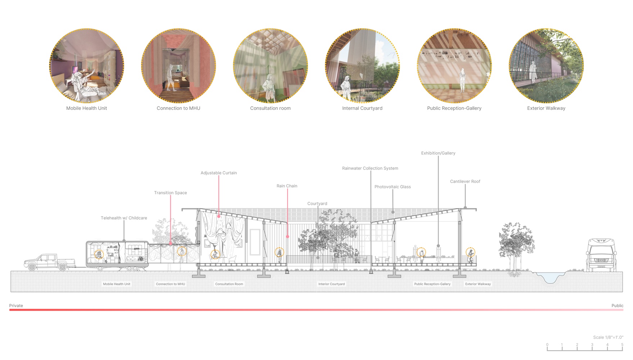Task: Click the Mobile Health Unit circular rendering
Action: coord(87,66)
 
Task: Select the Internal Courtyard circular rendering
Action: coord(362,66)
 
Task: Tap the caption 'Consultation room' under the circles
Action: coord(270,108)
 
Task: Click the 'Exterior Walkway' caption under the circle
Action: coord(546,108)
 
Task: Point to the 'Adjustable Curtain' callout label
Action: coord(219,173)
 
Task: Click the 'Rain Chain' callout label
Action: coord(287,186)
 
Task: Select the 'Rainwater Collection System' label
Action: coord(370,168)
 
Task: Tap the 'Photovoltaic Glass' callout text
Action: coord(393,187)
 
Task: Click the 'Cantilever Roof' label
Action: coord(465,181)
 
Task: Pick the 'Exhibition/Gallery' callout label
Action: coord(438,153)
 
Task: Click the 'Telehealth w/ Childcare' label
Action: coord(124,218)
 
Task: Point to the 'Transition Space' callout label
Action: coord(171,193)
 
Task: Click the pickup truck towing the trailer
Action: coord(50,262)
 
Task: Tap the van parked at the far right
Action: coord(601,255)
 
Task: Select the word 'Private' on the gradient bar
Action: coord(16,306)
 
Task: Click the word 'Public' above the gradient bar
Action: coord(617,306)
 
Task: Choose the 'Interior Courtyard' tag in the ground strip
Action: coord(331,284)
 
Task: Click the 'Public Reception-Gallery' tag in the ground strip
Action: coord(432,284)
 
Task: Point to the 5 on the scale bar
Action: coord(622,345)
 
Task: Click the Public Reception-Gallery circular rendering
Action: coord(454,66)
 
